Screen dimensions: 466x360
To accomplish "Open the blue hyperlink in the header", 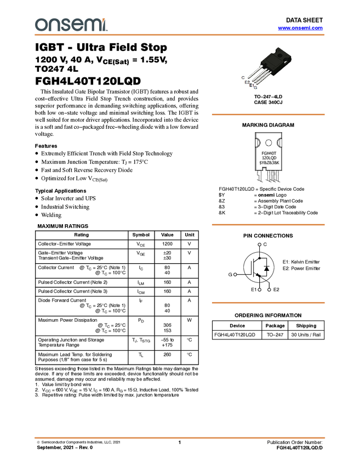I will pos(300,28).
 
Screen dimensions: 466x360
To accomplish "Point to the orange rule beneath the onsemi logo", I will pos(180,35).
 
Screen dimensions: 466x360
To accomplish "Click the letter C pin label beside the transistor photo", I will pos(243,77).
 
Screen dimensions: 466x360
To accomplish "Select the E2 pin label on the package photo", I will pos(247,82).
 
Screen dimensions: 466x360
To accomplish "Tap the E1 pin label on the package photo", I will pos(251,85).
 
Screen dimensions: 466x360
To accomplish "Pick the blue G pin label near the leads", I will pos(255,87).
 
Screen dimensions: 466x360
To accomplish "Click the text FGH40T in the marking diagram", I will pos(268,153).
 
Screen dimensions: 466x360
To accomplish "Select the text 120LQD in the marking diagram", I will pos(268,158).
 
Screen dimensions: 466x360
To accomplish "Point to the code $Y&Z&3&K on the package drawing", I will pos(269,163).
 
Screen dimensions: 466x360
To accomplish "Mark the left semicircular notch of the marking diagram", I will pos(255,143).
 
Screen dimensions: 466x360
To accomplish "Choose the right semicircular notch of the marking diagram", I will pos(281,143).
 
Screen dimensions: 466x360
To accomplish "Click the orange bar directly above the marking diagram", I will pos(268,115).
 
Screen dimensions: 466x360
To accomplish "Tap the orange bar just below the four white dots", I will pos(268,302).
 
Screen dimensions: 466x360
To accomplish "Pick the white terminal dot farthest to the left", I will pos(235,274).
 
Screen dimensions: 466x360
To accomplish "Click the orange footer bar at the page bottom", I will pos(180,437).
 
